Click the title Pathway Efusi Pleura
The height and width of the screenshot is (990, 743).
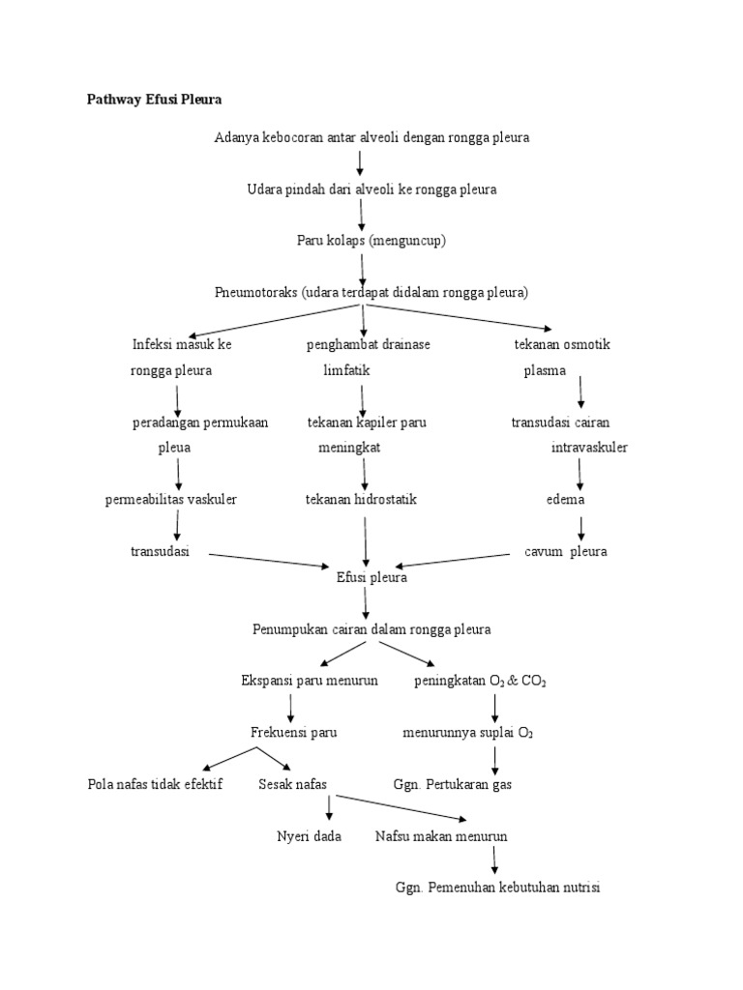pos(155,100)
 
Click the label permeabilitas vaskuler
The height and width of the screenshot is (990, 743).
pos(171,500)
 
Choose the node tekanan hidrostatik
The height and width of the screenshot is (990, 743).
pos(361,500)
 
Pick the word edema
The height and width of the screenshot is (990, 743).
pos(566,500)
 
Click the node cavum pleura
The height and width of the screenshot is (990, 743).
pos(566,552)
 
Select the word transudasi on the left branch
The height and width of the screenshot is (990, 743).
pos(160,552)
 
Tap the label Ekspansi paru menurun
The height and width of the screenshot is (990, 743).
pos(310,681)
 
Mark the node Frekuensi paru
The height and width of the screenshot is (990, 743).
pos(294,732)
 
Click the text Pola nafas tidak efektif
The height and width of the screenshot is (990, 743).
pos(155,784)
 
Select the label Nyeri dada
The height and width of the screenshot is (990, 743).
pos(309,836)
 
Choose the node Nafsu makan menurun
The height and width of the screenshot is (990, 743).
pos(441,836)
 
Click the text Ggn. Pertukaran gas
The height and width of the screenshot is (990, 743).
pos(454,784)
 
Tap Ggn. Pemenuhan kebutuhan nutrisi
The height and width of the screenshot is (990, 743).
pos(498,888)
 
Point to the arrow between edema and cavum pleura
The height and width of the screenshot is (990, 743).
pos(581,527)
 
